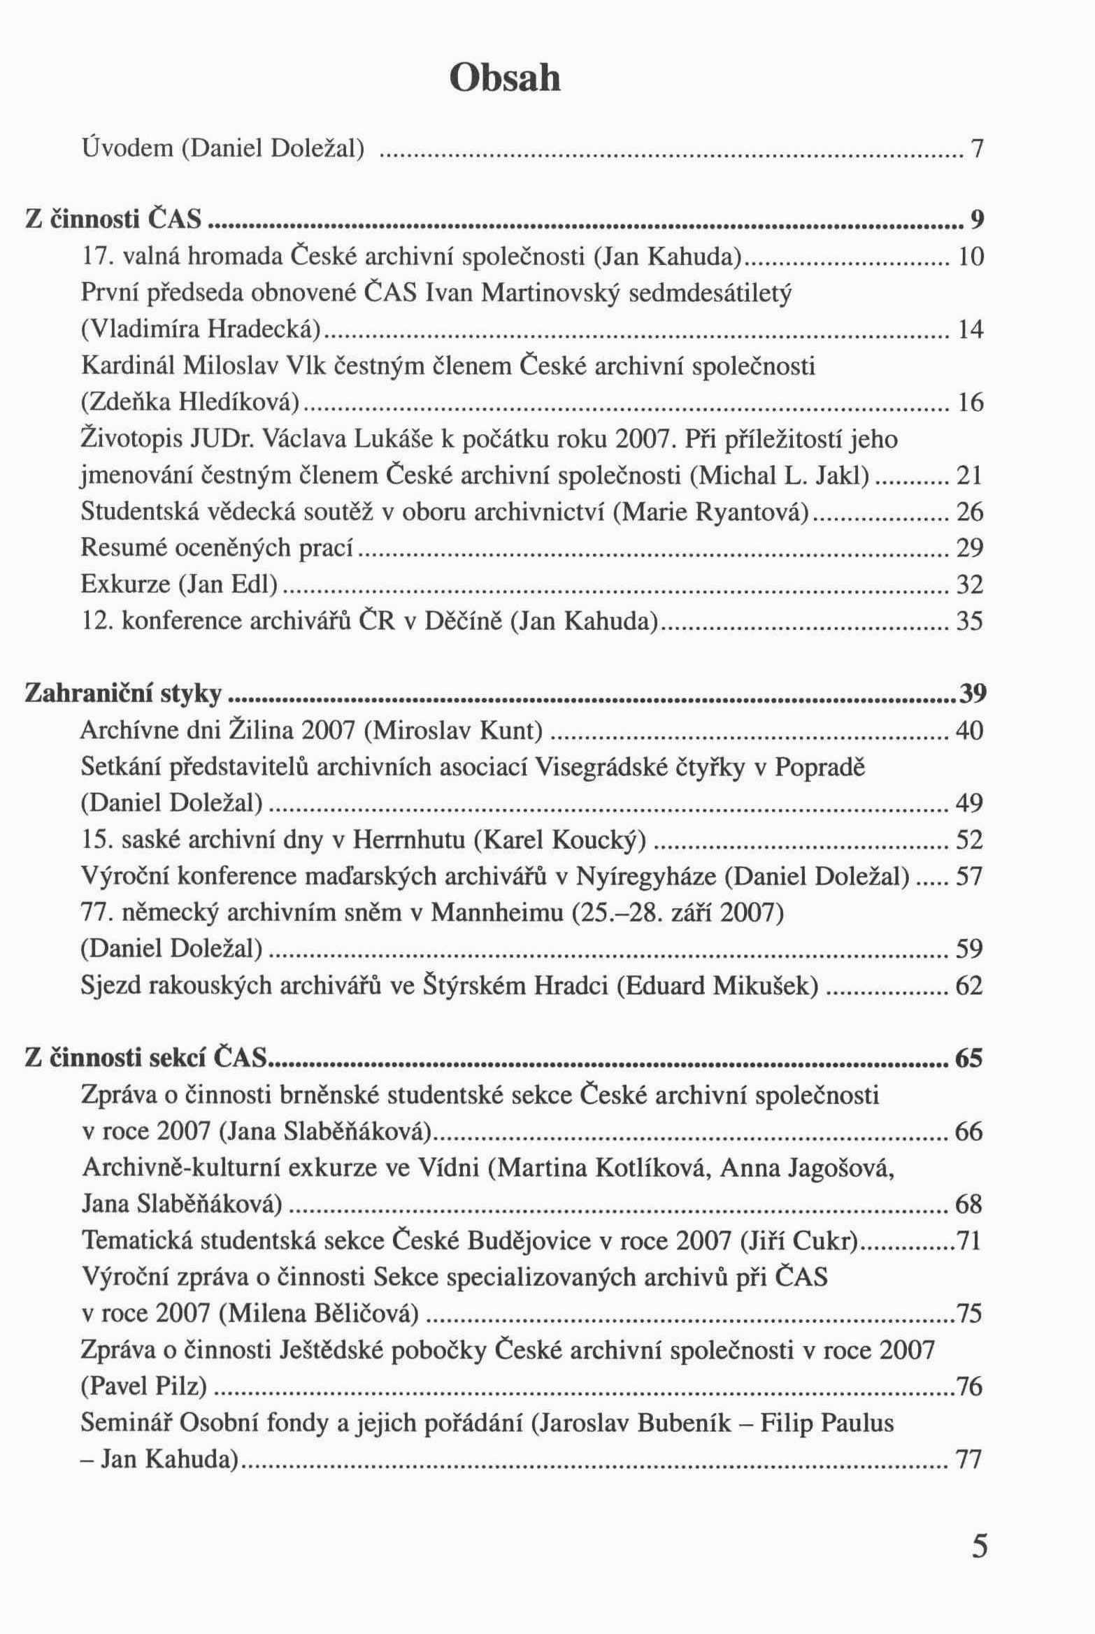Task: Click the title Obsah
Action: pyautogui.click(x=504, y=78)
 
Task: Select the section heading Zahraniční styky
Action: pyautogui.click(x=123, y=694)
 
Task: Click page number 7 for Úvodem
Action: pyautogui.click(x=977, y=149)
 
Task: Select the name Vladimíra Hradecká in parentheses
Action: pyautogui.click(x=201, y=329)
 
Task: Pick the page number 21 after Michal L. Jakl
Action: pyautogui.click(x=969, y=475)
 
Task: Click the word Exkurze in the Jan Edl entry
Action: pyautogui.click(x=125, y=584)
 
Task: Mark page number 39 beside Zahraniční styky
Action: pyautogui.click(x=972, y=694)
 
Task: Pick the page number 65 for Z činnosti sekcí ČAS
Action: pyautogui.click(x=969, y=1059)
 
